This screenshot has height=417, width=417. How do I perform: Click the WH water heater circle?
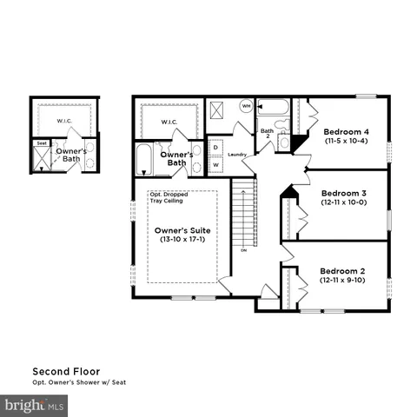246,107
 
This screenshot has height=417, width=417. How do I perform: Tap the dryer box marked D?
215,148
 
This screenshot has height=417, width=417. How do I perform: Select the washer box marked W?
215,164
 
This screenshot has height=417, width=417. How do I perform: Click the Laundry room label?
237,155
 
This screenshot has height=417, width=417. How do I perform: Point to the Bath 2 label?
268,133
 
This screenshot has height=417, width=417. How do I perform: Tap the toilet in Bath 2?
284,141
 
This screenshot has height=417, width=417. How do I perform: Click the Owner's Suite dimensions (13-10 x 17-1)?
182,241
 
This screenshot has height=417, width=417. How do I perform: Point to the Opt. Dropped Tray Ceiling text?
169,197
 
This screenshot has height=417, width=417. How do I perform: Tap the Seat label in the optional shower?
42,143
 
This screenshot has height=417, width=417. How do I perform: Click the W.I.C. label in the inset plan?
63,121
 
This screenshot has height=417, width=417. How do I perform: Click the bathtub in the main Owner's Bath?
145,159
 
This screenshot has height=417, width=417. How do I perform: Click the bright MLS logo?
35,405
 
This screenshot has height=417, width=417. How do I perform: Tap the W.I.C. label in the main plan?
169,122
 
